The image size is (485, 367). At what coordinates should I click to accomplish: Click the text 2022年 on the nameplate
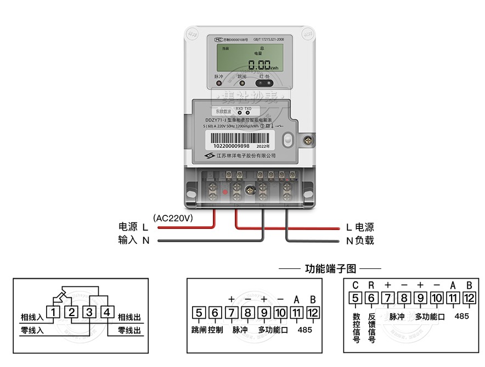[x=263, y=146]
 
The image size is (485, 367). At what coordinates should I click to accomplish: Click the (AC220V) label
[x=173, y=217]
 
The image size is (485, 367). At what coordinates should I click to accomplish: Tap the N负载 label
[x=360, y=240]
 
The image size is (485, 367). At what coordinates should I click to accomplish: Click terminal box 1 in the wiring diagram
[x=53, y=313]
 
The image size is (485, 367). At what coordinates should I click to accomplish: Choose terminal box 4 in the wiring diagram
[x=108, y=313]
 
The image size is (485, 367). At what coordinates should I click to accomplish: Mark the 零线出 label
[x=129, y=331]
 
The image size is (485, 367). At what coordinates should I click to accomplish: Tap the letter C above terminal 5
[x=355, y=285]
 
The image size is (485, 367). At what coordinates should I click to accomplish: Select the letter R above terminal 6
[x=371, y=285]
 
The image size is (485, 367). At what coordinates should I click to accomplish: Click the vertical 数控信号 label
[x=356, y=328]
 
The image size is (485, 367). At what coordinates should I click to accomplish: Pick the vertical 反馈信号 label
[x=371, y=328]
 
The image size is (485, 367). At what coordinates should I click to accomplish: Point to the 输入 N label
[x=134, y=240]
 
